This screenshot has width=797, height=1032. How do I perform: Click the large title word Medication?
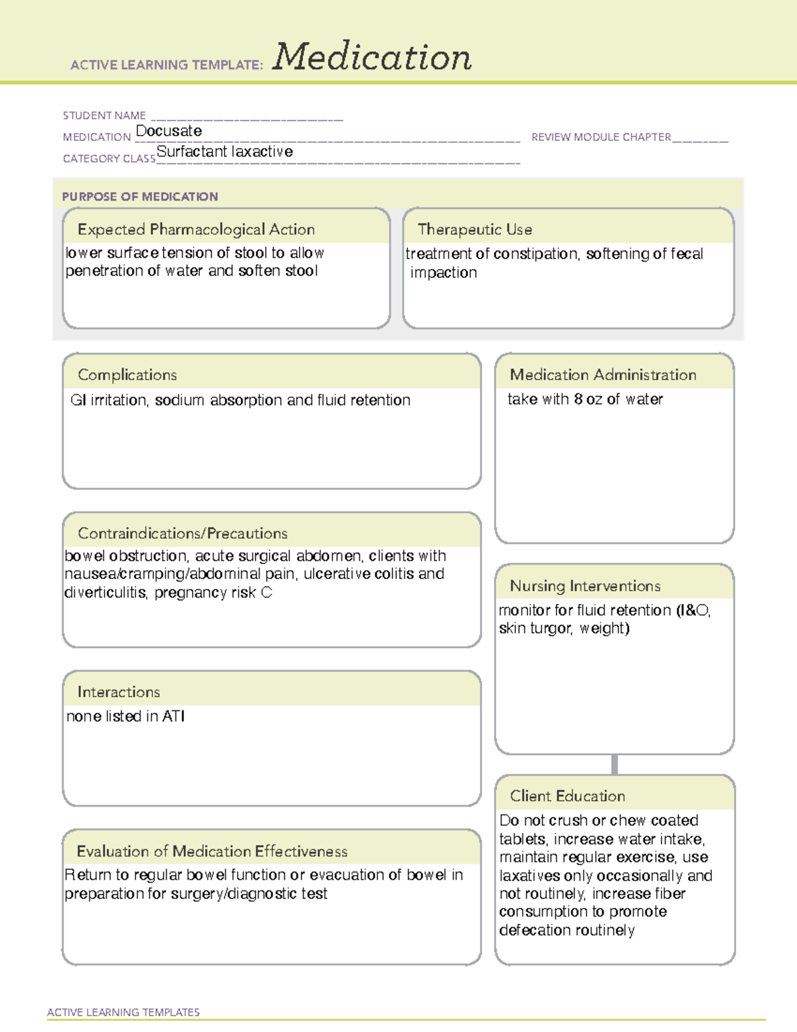coord(372,57)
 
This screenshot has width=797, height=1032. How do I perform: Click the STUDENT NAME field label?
coord(104,116)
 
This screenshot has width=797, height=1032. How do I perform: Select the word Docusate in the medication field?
coord(169,131)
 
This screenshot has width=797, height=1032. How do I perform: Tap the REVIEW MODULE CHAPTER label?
coord(601,137)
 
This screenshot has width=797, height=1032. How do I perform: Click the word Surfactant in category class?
coord(187,152)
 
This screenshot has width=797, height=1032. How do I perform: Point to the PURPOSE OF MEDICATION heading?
coord(140,197)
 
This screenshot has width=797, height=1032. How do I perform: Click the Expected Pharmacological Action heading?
coord(196,229)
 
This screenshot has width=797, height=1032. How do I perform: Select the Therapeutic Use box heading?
coord(475,229)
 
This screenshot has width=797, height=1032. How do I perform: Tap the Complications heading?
coord(128,375)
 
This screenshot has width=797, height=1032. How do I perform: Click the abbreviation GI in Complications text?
coord(78,400)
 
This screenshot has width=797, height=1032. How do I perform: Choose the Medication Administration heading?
coord(603,375)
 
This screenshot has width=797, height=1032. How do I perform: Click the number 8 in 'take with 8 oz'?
coord(578,399)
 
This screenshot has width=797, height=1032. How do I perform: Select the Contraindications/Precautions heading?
coord(183,533)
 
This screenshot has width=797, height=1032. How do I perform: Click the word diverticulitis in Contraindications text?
coord(105,592)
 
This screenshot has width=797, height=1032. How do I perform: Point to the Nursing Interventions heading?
coord(585,585)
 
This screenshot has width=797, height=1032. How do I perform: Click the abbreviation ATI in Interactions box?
coord(173,716)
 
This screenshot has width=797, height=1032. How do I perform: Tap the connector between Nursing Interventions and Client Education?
coord(614,764)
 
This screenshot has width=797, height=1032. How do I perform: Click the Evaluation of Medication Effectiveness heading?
coord(212,851)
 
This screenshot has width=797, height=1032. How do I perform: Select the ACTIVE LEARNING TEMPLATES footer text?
coord(124,1012)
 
